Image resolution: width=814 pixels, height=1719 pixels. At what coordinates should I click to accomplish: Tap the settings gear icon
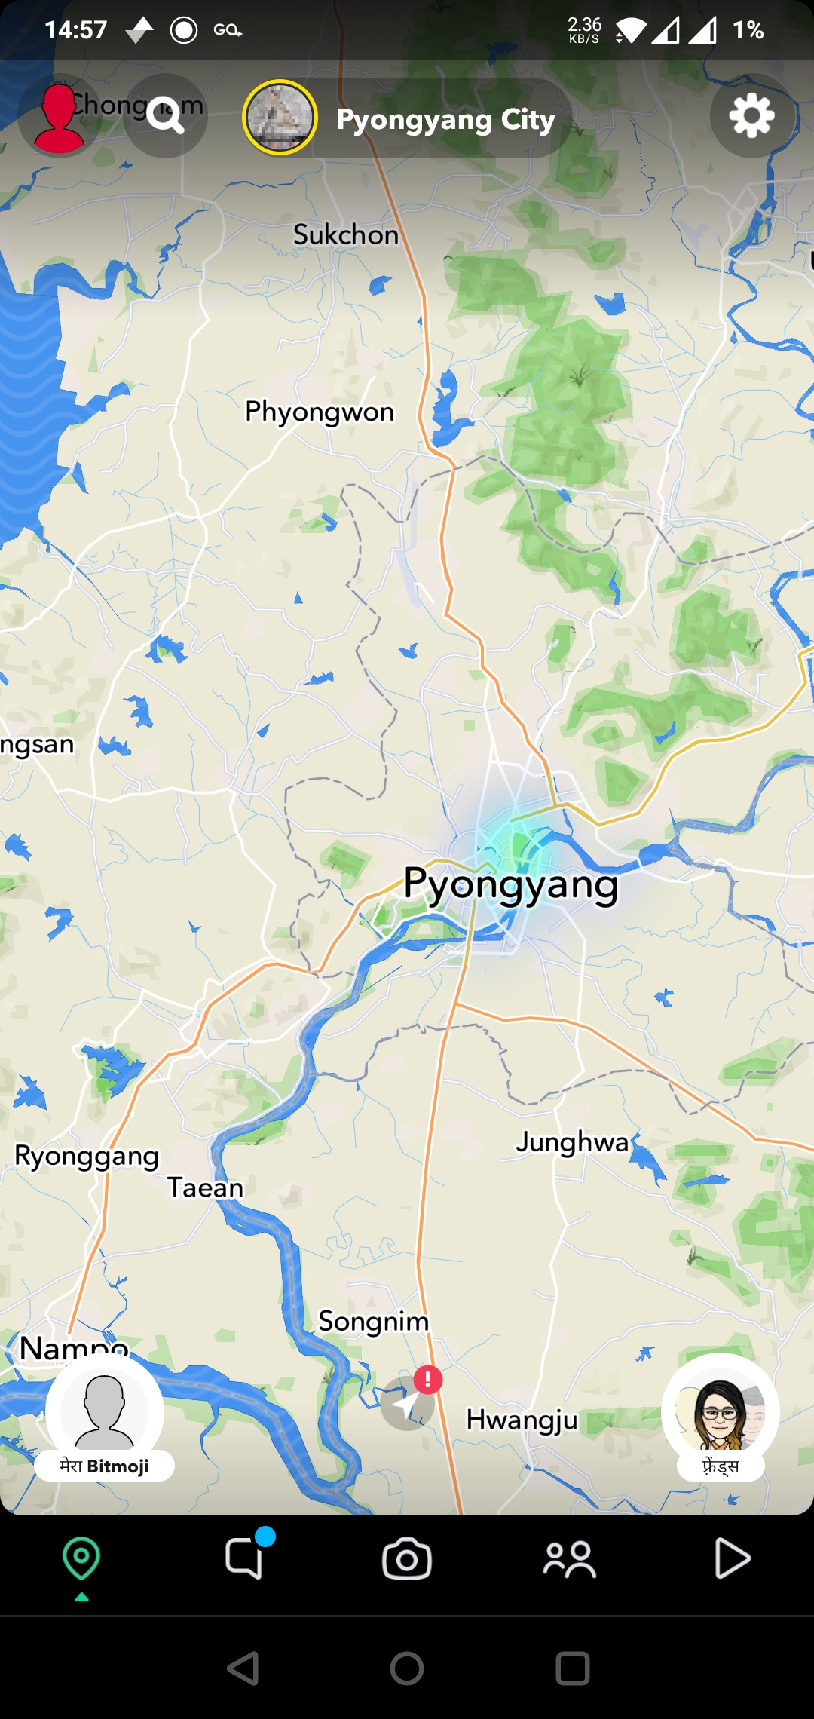coord(751,116)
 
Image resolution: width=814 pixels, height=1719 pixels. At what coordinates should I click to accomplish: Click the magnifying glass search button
coord(166,116)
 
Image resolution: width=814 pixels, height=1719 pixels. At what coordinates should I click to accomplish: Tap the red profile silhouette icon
coord(59,118)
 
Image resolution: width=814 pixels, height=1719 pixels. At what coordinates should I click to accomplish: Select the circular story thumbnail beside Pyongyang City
coord(280,118)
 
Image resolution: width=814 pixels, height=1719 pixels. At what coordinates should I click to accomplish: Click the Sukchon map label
coord(346,235)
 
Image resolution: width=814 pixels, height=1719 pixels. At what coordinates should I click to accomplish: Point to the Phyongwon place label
coord(320,412)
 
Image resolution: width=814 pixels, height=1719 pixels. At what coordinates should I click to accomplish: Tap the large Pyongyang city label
coord(510,885)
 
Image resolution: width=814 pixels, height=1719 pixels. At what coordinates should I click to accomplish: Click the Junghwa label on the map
coord(572,1142)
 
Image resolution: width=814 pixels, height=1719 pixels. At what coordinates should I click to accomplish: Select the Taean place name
coord(205,1188)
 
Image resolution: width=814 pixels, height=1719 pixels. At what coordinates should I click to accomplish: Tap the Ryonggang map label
coord(87,1157)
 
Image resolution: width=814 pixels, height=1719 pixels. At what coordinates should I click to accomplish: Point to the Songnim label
coord(373,1322)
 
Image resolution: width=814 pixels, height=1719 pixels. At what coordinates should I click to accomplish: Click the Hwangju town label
coord(522,1420)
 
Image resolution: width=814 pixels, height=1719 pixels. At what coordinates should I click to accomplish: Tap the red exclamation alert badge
coord(427,1380)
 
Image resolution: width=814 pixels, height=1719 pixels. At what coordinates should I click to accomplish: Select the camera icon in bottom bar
coord(407,1559)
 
